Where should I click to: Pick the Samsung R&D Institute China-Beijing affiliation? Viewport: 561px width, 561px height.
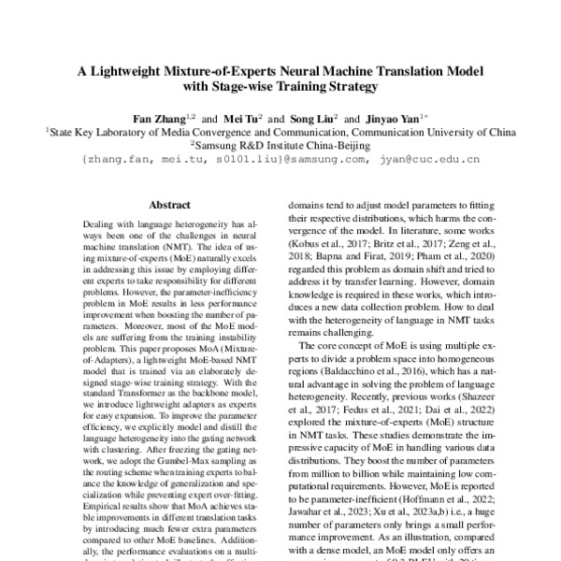[x=281, y=146]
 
